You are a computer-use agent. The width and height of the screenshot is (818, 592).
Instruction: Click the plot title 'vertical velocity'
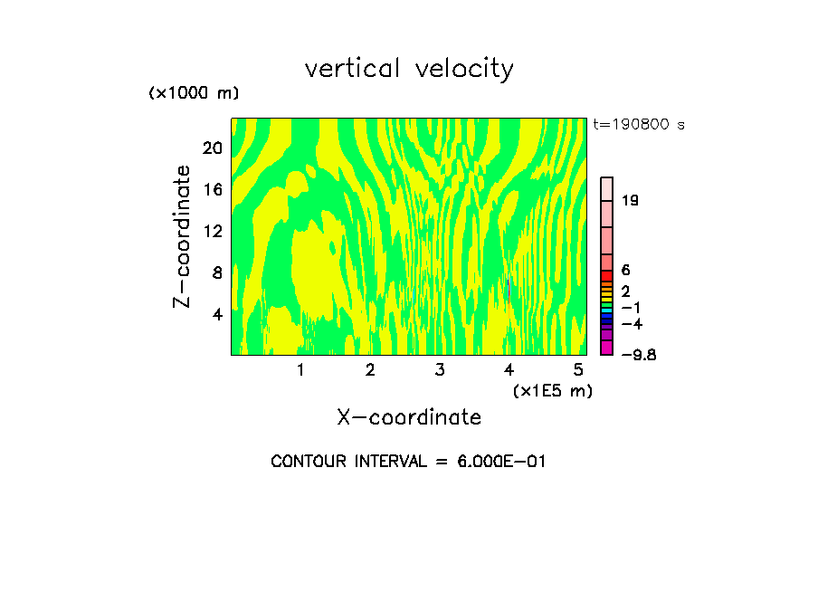coord(409,69)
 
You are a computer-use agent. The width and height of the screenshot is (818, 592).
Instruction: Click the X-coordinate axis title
coord(409,417)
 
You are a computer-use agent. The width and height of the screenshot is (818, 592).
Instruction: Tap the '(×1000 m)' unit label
coord(194,93)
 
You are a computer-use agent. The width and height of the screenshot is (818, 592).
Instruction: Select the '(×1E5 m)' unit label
coord(552,390)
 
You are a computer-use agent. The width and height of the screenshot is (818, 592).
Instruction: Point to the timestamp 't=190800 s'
coord(639,125)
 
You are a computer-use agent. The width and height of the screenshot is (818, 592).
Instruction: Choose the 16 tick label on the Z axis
coord(212,189)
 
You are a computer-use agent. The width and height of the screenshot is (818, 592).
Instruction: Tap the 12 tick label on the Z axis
coord(212,231)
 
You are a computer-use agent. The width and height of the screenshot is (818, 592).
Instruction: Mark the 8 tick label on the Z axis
coord(216,272)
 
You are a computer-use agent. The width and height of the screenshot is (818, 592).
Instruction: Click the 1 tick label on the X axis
coord(300,369)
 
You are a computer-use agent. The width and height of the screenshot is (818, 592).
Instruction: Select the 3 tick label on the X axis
coord(439,369)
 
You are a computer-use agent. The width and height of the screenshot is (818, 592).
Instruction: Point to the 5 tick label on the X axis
coord(578,369)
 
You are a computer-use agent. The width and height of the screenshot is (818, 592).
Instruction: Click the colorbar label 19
coord(631,200)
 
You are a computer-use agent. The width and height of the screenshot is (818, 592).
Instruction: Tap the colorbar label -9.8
coord(638,355)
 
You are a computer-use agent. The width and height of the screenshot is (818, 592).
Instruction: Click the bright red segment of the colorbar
coord(607,276)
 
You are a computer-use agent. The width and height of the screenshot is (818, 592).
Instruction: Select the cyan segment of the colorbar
coord(607,310)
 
